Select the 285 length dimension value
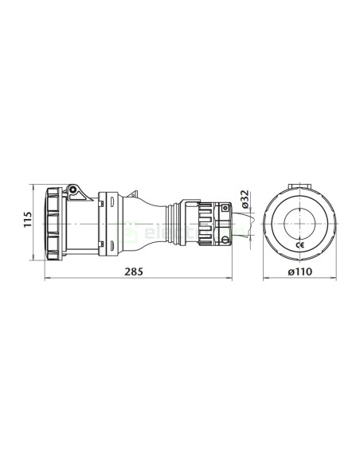coord(136,272)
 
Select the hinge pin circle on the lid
coord(72,190)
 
